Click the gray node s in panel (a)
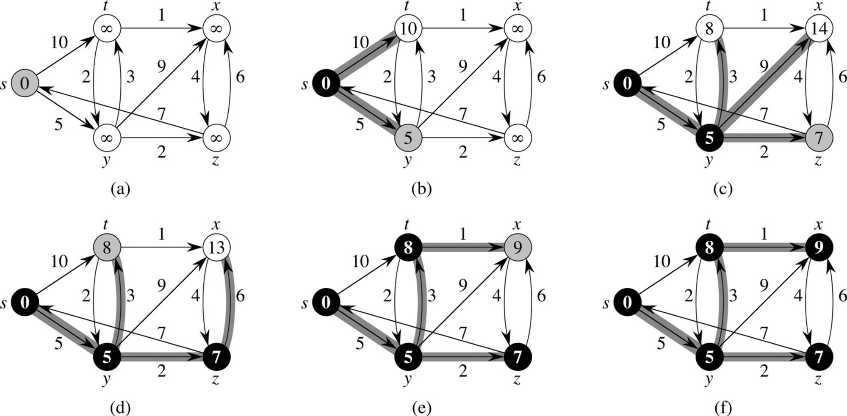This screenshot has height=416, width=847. (x=25, y=83)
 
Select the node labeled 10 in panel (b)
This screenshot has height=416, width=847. (x=408, y=28)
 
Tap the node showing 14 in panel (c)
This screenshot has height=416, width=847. (x=819, y=28)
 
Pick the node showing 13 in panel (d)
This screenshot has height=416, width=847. (x=216, y=247)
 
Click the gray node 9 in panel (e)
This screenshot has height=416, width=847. (x=518, y=247)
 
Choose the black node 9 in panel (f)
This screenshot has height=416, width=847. (x=819, y=247)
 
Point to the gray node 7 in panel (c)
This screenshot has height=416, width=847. (x=819, y=138)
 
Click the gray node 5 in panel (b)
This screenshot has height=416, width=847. (x=408, y=138)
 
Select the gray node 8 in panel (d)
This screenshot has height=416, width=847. (x=107, y=247)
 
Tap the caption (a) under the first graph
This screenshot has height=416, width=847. (x=120, y=189)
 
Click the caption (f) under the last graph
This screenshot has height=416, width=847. (x=722, y=408)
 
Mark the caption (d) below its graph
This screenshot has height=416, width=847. (x=120, y=408)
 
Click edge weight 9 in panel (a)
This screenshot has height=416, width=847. (x=161, y=66)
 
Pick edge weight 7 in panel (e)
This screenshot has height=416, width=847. (x=462, y=333)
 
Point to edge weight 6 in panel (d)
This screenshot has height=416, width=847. (x=240, y=296)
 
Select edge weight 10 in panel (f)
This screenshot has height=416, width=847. (x=662, y=261)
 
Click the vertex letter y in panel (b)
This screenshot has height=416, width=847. (x=407, y=161)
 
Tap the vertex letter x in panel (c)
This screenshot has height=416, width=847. (x=818, y=6)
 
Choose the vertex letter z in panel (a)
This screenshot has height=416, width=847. (x=216, y=161)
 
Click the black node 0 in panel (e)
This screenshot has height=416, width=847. (x=326, y=302)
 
